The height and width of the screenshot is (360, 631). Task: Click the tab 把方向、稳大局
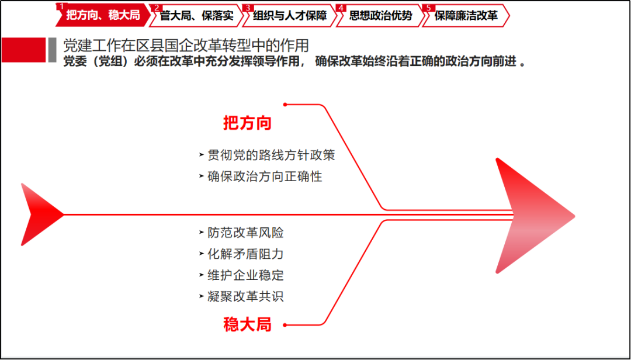pyautogui.click(x=103, y=16)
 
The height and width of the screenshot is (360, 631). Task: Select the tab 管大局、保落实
pyautogui.click(x=196, y=16)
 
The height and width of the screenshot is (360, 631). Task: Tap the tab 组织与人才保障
pyautogui.click(x=290, y=16)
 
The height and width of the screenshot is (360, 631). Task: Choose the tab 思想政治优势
pyautogui.click(x=381, y=16)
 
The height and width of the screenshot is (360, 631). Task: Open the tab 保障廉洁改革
pyautogui.click(x=466, y=16)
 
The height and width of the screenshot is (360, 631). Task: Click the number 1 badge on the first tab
pyautogui.click(x=61, y=6)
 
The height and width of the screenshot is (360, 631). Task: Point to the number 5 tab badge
pyautogui.click(x=428, y=8)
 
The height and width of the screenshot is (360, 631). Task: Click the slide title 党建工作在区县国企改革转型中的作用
pyautogui.click(x=186, y=46)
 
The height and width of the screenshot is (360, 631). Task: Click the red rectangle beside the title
pyautogui.click(x=24, y=50)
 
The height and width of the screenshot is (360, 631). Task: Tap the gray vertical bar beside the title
pyautogui.click(x=53, y=50)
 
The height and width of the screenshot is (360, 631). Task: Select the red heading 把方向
pyautogui.click(x=248, y=123)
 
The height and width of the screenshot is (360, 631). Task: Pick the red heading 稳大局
pyautogui.click(x=248, y=324)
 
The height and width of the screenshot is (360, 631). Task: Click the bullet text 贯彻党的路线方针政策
pyautogui.click(x=271, y=155)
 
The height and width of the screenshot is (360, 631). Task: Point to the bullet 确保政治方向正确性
pyautogui.click(x=265, y=176)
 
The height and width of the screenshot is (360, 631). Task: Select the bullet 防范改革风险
pyautogui.click(x=245, y=233)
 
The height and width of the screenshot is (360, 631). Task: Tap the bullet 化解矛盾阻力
pyautogui.click(x=245, y=254)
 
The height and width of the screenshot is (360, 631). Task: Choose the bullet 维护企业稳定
pyautogui.click(x=245, y=275)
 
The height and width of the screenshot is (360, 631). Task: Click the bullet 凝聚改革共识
pyautogui.click(x=245, y=297)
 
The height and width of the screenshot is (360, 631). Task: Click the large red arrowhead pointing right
pyautogui.click(x=535, y=216)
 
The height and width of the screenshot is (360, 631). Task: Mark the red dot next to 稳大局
pyautogui.click(x=285, y=325)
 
